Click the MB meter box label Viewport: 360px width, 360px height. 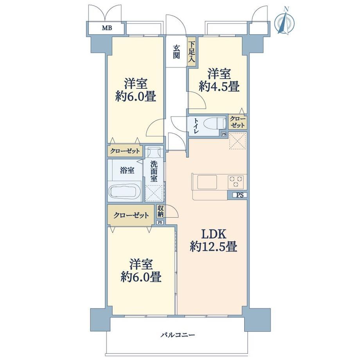(x=107, y=28)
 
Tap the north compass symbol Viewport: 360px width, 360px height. (x=285, y=22)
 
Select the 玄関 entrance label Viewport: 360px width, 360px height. (x=176, y=52)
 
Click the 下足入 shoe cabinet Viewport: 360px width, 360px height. (x=192, y=52)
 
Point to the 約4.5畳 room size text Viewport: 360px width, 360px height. (x=219, y=87)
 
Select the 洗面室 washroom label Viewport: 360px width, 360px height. (x=154, y=171)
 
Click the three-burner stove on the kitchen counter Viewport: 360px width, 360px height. (x=236, y=181)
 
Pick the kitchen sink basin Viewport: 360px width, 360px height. (x=207, y=182)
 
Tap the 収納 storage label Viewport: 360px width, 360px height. (x=160, y=211)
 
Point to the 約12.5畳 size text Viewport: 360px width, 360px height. (x=213, y=247)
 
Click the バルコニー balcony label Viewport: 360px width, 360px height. (x=178, y=335)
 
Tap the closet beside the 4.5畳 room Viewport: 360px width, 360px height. (x=238, y=122)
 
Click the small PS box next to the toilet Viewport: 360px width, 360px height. (x=223, y=134)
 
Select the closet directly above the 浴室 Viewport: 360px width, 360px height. (x=125, y=151)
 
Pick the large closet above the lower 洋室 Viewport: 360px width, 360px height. (x=131, y=215)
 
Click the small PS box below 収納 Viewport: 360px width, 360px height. (x=160, y=222)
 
